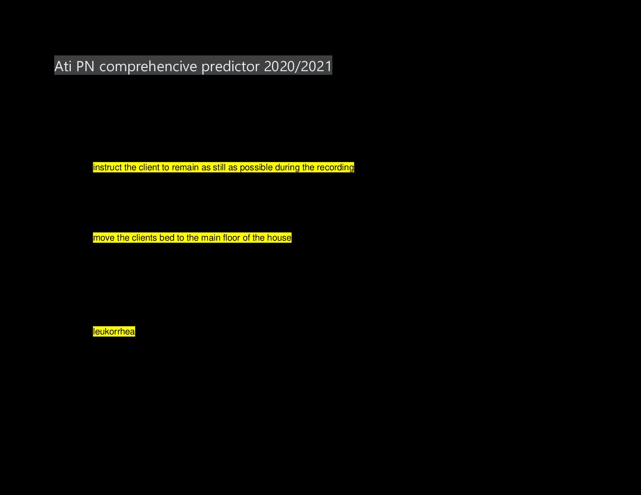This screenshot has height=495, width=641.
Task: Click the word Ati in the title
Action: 63,66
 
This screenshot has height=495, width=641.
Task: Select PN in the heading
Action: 85,66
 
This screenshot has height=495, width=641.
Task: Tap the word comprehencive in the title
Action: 148,66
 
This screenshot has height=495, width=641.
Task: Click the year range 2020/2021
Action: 298,66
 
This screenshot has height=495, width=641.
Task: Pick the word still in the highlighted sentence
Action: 219,167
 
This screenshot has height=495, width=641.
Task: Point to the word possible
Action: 256,167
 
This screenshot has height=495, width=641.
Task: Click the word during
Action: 287,167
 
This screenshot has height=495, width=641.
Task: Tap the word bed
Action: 167,238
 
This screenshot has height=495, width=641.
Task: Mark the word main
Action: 210,238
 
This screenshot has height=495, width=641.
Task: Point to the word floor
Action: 231,238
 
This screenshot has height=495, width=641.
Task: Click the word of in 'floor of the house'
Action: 246,238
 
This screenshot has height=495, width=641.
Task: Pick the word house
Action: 279,238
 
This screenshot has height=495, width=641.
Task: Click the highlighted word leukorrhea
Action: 114,332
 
